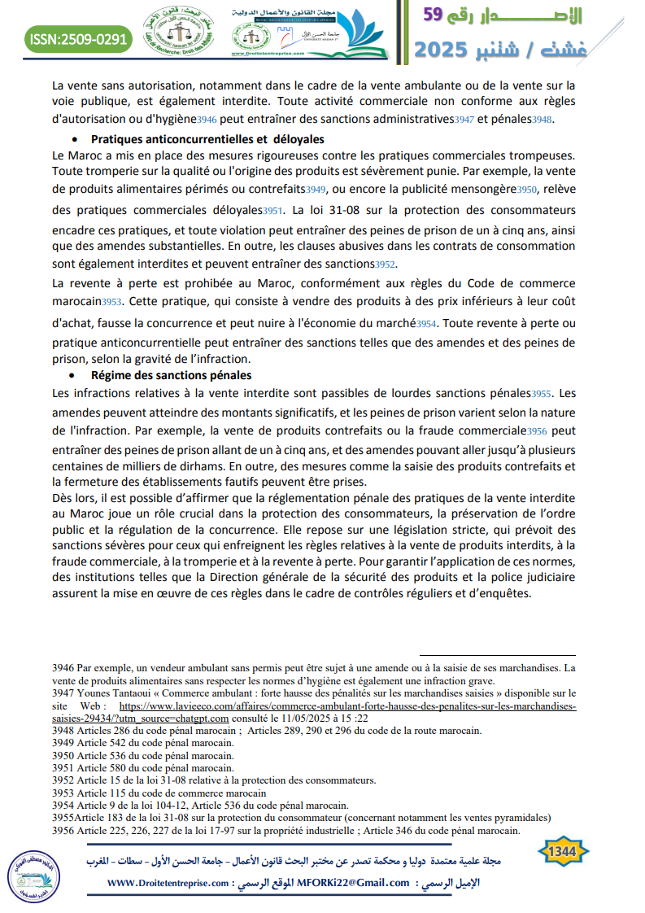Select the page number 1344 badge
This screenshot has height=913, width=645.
563,851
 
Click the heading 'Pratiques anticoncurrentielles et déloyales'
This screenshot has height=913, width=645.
207,139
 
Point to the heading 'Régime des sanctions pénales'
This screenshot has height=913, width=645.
172,375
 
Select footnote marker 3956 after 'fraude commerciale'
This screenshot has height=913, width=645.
538,431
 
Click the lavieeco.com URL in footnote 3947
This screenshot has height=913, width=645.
347,707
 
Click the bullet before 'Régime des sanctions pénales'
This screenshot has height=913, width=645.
74,376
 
